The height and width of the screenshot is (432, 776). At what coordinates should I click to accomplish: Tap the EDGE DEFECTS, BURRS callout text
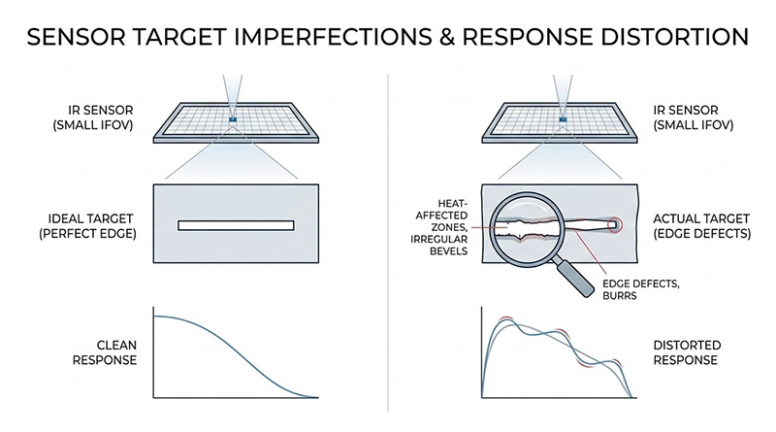(640, 289)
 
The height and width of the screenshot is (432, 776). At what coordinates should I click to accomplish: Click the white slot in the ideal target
(236, 226)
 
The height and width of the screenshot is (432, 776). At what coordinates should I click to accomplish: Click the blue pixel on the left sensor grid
(233, 118)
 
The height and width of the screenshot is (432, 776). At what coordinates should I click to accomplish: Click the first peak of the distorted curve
(503, 320)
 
